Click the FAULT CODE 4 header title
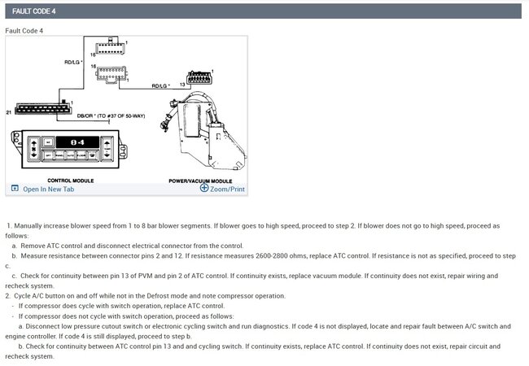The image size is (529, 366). point(33,11)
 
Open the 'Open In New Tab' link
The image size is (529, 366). point(48,189)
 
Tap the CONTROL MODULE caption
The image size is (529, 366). point(71,180)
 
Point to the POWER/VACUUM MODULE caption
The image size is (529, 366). point(200,180)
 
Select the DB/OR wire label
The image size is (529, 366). point(110,116)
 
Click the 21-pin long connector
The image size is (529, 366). point(43,108)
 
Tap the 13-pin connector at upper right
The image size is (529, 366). point(201,79)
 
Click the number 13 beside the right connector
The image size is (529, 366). point(181,85)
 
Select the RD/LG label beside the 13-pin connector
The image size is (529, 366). point(160,85)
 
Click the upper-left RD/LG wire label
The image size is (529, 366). point(72,61)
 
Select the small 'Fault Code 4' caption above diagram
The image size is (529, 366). point(24,30)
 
